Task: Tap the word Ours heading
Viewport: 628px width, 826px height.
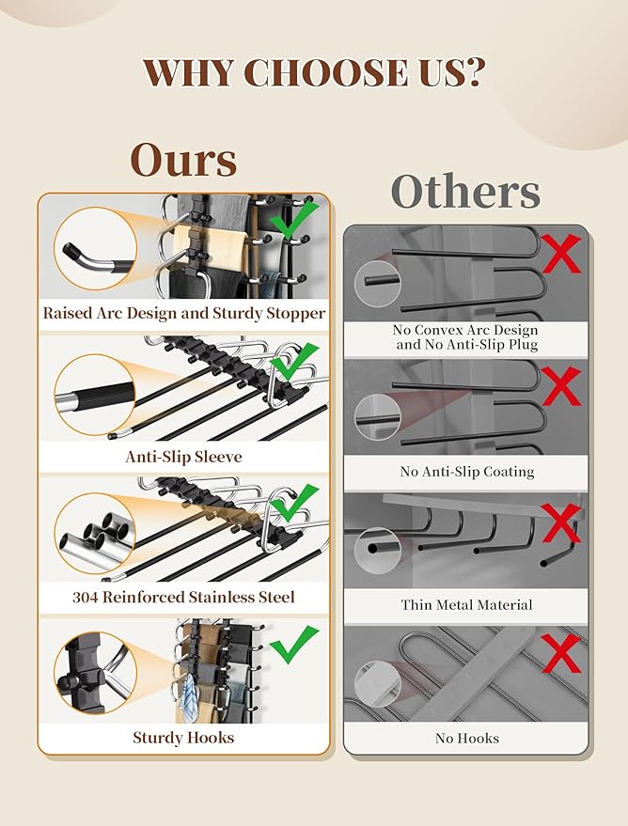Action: click(x=183, y=160)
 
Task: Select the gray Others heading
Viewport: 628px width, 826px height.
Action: click(x=465, y=192)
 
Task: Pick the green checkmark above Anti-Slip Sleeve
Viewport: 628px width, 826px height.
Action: click(x=294, y=362)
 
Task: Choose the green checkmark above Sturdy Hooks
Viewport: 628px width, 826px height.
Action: click(x=294, y=645)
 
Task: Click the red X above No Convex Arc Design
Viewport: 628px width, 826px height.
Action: click(x=561, y=254)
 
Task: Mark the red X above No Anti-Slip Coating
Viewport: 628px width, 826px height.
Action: click(x=561, y=386)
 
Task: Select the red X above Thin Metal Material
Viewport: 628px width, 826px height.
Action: click(x=561, y=523)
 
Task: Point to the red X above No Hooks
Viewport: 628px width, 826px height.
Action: click(x=561, y=653)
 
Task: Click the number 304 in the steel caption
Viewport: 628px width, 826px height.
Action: click(x=85, y=598)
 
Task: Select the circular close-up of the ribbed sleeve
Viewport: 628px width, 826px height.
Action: click(x=95, y=395)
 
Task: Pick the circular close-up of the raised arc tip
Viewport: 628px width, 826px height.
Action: click(x=95, y=248)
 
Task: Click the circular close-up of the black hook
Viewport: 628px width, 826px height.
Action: click(x=95, y=673)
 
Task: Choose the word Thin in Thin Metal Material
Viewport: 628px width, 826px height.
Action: click(x=413, y=605)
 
